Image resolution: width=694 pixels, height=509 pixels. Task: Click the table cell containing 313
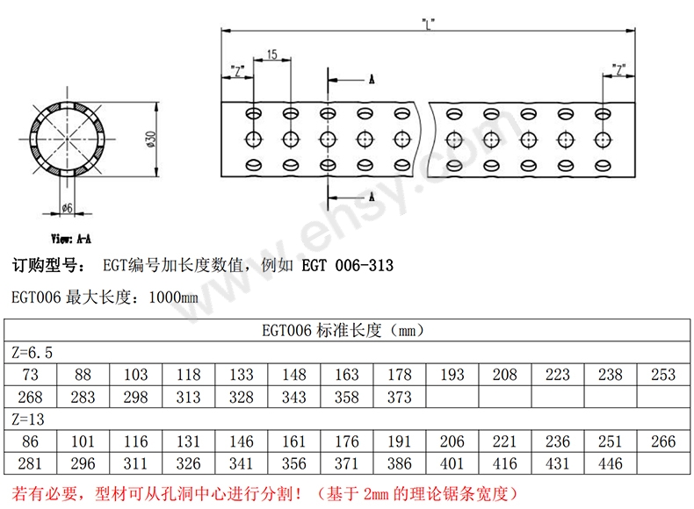coord(189,397)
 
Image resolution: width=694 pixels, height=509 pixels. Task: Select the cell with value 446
coord(611,463)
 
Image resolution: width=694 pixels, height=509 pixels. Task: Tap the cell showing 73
coord(31,375)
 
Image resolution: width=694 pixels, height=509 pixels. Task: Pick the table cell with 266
coord(663,441)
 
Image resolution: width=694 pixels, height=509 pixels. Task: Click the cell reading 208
coord(505,375)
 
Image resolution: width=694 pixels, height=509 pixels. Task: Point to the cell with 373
coord(400,397)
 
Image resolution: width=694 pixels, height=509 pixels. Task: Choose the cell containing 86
coord(31,441)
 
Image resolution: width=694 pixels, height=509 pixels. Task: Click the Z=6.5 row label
coord(32,353)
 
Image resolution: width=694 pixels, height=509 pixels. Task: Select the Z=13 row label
coord(28,419)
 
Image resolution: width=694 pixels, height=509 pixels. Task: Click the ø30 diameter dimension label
coord(150,139)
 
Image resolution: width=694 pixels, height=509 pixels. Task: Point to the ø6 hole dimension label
coord(67,207)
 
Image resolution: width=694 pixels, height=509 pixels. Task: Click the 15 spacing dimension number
coord(271,54)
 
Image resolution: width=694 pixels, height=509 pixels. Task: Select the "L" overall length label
coord(428,24)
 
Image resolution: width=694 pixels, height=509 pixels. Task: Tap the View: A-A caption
coord(71,239)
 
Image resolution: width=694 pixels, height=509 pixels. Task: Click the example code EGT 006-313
coord(348,265)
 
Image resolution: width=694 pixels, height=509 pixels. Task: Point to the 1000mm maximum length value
coord(173,298)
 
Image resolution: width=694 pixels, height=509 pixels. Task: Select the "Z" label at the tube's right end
coord(618,69)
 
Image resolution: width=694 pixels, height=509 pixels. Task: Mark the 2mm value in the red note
coord(375,493)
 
